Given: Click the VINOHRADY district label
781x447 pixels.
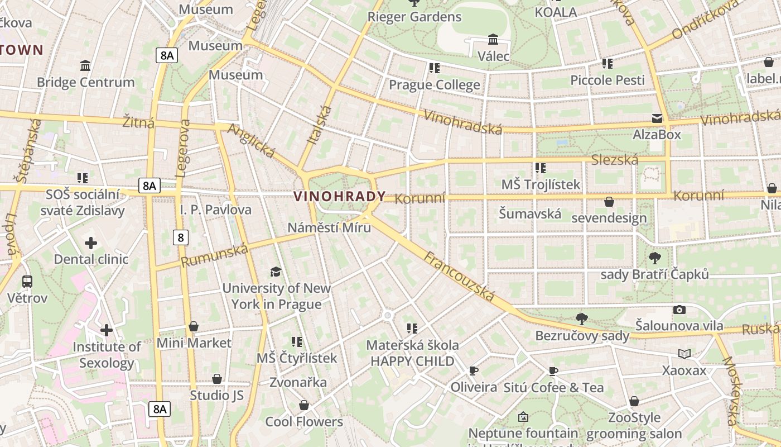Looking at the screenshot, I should (x=339, y=196).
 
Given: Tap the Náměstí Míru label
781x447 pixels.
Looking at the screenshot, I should (x=329, y=227).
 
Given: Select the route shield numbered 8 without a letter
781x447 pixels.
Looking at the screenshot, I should (x=180, y=237).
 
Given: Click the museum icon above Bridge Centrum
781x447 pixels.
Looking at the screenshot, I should (x=85, y=66).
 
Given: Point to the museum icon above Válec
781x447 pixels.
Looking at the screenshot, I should (x=493, y=40).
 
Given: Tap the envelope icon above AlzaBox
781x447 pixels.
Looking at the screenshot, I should (x=657, y=118).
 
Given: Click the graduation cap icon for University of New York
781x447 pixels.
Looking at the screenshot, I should (x=276, y=272).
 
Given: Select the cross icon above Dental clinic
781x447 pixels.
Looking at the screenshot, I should (x=91, y=243).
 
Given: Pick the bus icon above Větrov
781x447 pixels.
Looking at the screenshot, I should (x=27, y=282).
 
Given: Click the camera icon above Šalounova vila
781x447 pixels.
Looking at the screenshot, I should (x=679, y=310).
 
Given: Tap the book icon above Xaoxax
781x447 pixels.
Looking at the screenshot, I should (x=684, y=354).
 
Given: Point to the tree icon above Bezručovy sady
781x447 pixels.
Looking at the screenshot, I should (x=582, y=319).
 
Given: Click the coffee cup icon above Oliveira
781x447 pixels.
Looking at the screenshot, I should (x=474, y=370).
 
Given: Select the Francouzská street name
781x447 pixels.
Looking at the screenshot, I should (x=459, y=277).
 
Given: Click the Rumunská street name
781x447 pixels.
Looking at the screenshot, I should (x=214, y=256).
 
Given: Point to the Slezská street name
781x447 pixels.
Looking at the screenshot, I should (x=615, y=160).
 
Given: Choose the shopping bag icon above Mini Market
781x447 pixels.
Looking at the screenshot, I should (x=194, y=326).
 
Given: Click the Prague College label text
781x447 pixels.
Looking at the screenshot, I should (x=434, y=85).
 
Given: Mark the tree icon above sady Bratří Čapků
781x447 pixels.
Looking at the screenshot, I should (x=654, y=258).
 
